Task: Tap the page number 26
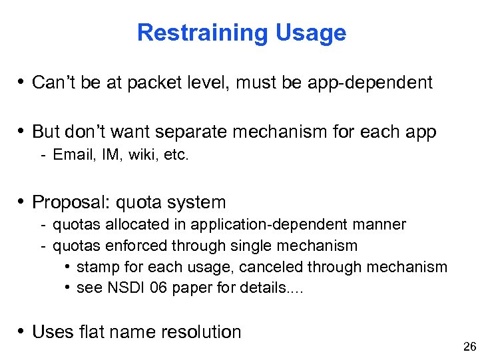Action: pos(469,347)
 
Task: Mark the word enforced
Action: pos(137,246)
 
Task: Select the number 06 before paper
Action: pos(151,287)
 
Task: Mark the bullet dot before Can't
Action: pos(22,83)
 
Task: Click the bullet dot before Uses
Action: pos(22,331)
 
